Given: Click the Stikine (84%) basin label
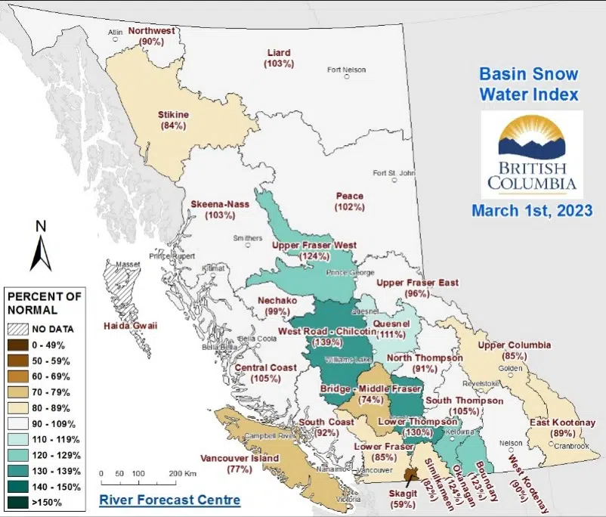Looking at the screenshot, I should [x=173, y=120].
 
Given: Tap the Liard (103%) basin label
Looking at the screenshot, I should [x=279, y=58].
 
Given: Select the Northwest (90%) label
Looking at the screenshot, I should [x=152, y=36].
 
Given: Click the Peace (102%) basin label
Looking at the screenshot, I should [x=349, y=201].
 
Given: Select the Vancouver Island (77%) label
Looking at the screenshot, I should [x=239, y=463].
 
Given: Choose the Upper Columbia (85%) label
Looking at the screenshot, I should [x=515, y=350].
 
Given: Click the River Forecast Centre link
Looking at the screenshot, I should [x=170, y=500].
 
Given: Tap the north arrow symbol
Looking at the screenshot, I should [x=40, y=246].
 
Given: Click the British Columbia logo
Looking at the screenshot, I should [x=532, y=154].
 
